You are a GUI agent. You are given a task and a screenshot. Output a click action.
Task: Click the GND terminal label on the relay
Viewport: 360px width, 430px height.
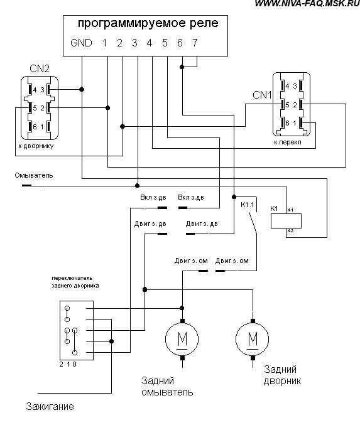coord(81,43)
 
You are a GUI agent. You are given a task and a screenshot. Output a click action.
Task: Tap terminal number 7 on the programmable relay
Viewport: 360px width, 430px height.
coord(195,43)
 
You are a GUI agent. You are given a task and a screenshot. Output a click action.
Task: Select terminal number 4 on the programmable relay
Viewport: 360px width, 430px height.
coord(150,43)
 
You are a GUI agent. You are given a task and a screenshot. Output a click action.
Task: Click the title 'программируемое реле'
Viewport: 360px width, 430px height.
coord(148,23)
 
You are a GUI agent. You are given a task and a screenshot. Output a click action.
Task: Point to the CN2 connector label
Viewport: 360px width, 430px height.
coord(40,68)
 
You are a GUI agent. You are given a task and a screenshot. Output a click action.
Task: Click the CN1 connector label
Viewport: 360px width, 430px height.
coord(262,95)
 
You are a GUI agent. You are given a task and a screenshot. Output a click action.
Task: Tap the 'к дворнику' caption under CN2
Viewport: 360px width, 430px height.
coord(36,146)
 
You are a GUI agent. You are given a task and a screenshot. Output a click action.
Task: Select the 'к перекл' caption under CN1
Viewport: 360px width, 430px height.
coord(288,142)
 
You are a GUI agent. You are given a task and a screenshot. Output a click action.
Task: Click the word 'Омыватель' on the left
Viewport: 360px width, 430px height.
coord(34,175)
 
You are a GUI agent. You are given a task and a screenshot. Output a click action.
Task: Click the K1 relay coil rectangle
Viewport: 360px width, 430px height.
coord(286,221)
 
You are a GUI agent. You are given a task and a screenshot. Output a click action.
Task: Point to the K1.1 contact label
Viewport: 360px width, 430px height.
coord(248,205)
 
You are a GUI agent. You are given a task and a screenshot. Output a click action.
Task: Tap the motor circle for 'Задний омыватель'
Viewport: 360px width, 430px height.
coord(182,339)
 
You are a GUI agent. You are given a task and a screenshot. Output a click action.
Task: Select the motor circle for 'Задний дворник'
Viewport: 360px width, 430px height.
coord(253,339)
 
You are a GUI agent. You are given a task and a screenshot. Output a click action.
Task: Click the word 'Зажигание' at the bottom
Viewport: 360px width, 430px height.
coord(50,406)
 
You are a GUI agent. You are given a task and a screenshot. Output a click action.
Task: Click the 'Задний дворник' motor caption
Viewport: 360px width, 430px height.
coord(282,375)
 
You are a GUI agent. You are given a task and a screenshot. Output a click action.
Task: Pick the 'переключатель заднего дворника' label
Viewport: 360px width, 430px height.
coord(75,282)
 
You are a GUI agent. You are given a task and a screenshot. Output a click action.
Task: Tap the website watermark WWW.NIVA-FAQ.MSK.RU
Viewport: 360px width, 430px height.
coord(307,4)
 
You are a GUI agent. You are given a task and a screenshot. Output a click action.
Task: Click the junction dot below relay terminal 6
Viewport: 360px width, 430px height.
coord(182,67)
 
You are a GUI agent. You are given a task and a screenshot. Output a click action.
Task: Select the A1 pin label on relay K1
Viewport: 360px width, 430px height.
coord(290,210)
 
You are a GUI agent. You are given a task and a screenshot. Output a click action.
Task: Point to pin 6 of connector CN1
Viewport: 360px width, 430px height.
coord(287,123)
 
